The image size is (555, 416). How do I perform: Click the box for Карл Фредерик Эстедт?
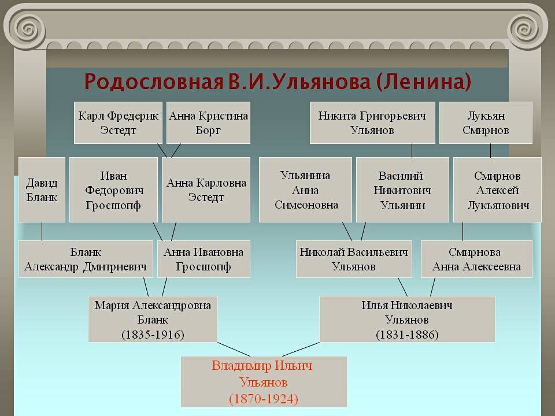coord(118,123)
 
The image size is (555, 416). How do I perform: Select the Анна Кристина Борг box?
coord(208,123)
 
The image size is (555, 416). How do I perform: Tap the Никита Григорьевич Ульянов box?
coord(372,123)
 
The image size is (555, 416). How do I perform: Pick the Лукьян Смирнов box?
coord(486,123)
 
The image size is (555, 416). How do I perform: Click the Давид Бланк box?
coord(42,190)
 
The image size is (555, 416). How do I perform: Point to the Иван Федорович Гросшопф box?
coord(113,190)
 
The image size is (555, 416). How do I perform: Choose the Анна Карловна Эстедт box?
coord(206,190)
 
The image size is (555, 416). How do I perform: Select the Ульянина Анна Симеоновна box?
coord(305,190)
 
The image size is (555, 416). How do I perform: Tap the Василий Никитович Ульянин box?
coord(402,190)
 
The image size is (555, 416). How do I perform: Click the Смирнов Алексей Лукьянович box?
coord(497,190)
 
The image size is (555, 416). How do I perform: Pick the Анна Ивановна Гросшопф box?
coord(203,259)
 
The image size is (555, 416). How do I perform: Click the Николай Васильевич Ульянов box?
coord(354,259)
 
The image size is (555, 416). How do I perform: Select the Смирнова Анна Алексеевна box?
coord(476,259)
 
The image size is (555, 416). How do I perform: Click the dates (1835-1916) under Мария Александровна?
coord(153,335)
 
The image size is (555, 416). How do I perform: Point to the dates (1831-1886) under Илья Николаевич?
coord(407,335)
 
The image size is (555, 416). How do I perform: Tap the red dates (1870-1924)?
coord(264,398)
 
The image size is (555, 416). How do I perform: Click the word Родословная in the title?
coord(151,81)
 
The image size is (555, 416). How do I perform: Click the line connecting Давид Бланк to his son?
coord(42,231)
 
